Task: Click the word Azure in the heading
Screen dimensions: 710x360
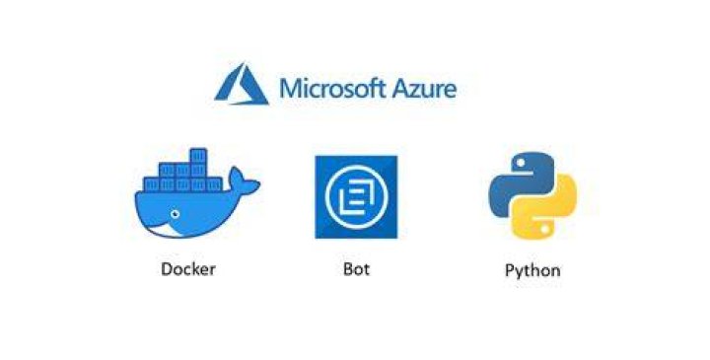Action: click(424, 89)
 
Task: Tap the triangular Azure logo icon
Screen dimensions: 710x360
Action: click(242, 84)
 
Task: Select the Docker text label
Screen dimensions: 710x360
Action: click(188, 269)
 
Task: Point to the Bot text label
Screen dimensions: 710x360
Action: click(356, 269)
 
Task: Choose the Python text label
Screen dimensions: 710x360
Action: click(532, 271)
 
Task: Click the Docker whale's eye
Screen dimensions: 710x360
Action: click(175, 214)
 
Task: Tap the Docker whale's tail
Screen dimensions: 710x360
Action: click(244, 181)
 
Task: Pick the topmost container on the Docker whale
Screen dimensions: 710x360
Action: click(198, 155)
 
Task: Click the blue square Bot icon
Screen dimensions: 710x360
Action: click(356, 197)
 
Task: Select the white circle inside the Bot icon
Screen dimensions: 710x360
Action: click(356, 197)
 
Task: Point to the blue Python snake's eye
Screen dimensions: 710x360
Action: click(521, 162)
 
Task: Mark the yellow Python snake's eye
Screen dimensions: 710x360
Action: click(545, 229)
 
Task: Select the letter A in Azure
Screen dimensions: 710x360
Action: click(400, 89)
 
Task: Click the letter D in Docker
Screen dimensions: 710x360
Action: click(167, 269)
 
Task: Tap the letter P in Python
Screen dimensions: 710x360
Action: click(510, 270)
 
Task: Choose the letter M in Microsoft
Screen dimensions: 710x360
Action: click(290, 89)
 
